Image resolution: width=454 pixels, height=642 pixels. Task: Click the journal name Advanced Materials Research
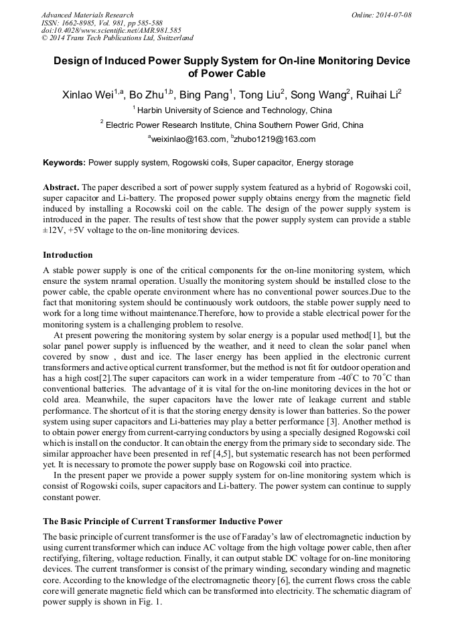click(x=87, y=15)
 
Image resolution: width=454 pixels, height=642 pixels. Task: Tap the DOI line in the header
click(x=111, y=30)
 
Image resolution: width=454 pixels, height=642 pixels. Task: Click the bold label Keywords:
click(x=64, y=163)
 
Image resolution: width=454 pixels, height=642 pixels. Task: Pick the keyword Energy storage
click(x=325, y=163)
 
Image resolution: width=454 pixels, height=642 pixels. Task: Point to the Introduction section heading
click(x=68, y=255)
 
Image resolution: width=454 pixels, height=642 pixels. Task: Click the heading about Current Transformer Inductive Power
click(x=163, y=521)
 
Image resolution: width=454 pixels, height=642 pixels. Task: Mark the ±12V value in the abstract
click(x=54, y=230)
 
